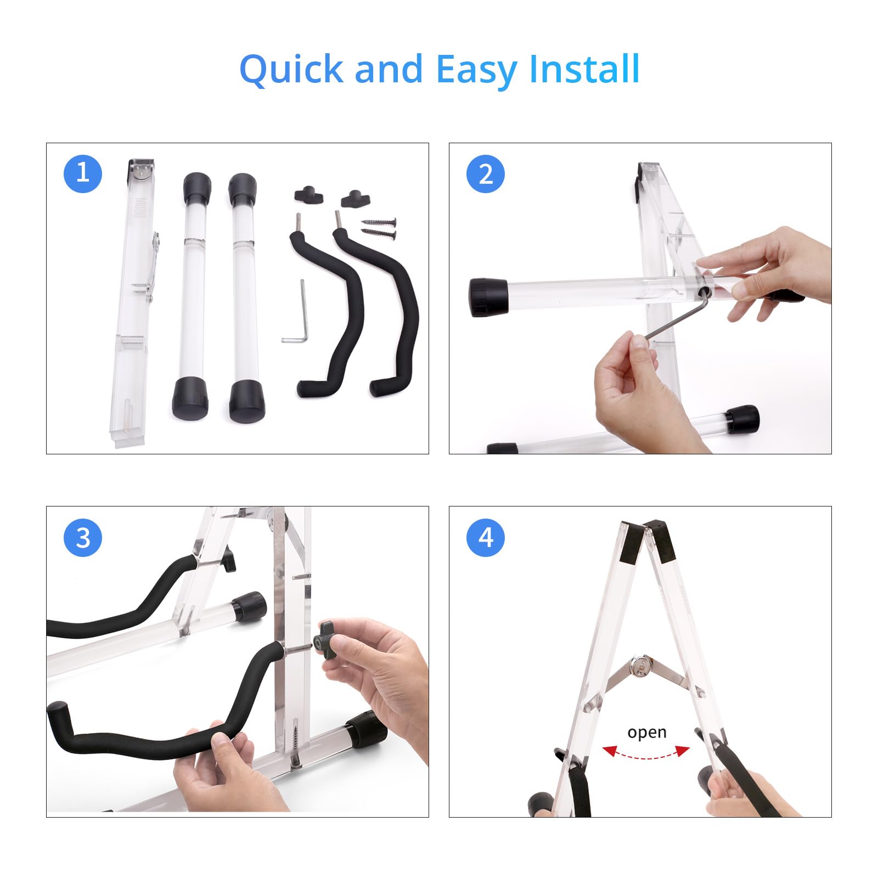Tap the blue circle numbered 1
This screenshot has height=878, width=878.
83,174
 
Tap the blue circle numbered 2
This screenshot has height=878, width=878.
486,174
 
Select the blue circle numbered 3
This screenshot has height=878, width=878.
83,537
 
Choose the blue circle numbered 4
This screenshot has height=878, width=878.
486,537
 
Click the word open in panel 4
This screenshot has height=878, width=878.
646,733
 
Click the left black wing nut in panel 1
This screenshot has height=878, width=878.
308,195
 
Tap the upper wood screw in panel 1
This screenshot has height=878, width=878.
379,222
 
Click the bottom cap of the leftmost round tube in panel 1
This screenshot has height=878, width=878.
190,398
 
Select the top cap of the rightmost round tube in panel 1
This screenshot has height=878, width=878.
242,189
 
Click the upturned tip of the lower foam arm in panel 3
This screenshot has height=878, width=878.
57,713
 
